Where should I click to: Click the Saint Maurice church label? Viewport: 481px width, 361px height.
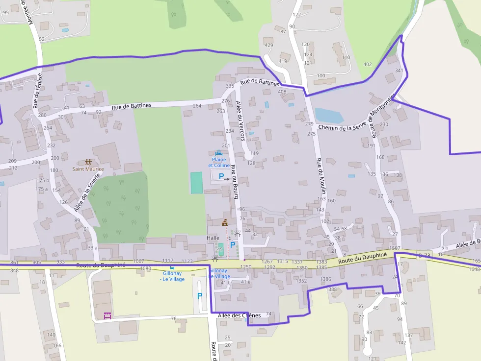click(x=88, y=169)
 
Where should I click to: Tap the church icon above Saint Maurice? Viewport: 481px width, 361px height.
click(x=88, y=162)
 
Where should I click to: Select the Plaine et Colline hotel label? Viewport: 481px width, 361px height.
click(x=219, y=162)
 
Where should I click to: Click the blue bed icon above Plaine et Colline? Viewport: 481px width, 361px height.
click(x=218, y=153)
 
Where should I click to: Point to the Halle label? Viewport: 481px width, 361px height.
click(x=213, y=238)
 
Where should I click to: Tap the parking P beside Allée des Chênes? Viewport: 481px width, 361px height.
click(x=200, y=296)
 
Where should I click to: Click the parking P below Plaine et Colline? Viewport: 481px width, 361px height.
click(x=221, y=176)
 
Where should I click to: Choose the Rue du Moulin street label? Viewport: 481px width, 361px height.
click(x=320, y=177)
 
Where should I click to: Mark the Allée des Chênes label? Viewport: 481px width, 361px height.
click(x=239, y=315)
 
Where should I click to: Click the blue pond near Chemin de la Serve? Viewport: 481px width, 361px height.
click(x=328, y=116)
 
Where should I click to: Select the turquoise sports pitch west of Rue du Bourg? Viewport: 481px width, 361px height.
click(x=196, y=182)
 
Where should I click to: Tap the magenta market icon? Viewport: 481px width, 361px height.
click(x=107, y=316)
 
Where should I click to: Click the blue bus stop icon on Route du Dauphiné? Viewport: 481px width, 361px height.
click(x=171, y=267)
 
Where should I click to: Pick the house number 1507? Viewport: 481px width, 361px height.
click(x=395, y=248)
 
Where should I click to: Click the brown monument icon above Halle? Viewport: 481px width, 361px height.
click(x=225, y=223)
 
